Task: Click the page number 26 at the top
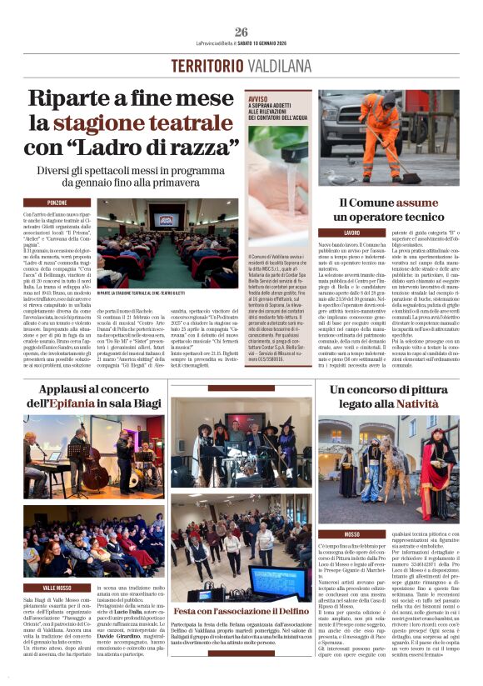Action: click(x=242, y=32)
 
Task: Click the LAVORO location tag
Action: click(x=352, y=233)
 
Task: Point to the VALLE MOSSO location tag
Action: click(x=57, y=563)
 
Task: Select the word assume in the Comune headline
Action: click(x=417, y=202)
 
